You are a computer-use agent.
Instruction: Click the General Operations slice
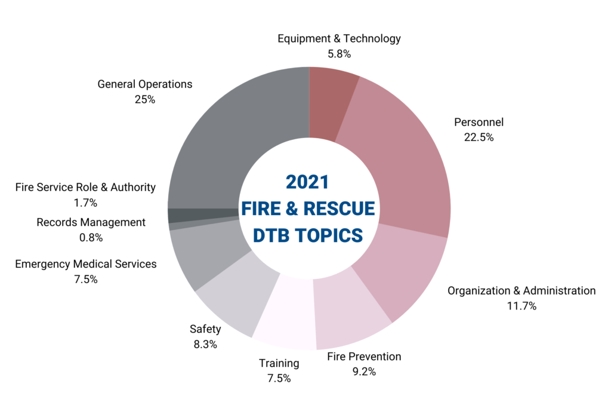pos(239,137)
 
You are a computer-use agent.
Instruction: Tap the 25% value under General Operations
pos(145,100)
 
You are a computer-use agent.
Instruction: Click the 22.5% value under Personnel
pos(479,137)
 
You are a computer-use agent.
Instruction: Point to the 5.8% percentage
pos(339,54)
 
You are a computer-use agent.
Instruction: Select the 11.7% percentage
pos(521,306)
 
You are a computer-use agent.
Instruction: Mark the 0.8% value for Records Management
pos(91,237)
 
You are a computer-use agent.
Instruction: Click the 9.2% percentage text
pos(364,372)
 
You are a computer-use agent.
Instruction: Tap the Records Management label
pos(91,222)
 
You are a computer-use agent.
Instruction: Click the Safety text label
pos(205,329)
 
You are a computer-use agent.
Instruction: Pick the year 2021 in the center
pos(307,182)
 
